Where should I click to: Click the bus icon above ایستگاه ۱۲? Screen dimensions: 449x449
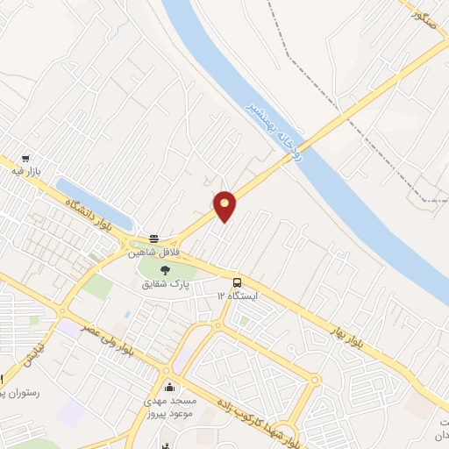(x=237, y=282)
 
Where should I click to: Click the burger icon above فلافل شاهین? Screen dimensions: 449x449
(x=154, y=239)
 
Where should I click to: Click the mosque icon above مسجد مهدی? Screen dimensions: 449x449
(x=169, y=387)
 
